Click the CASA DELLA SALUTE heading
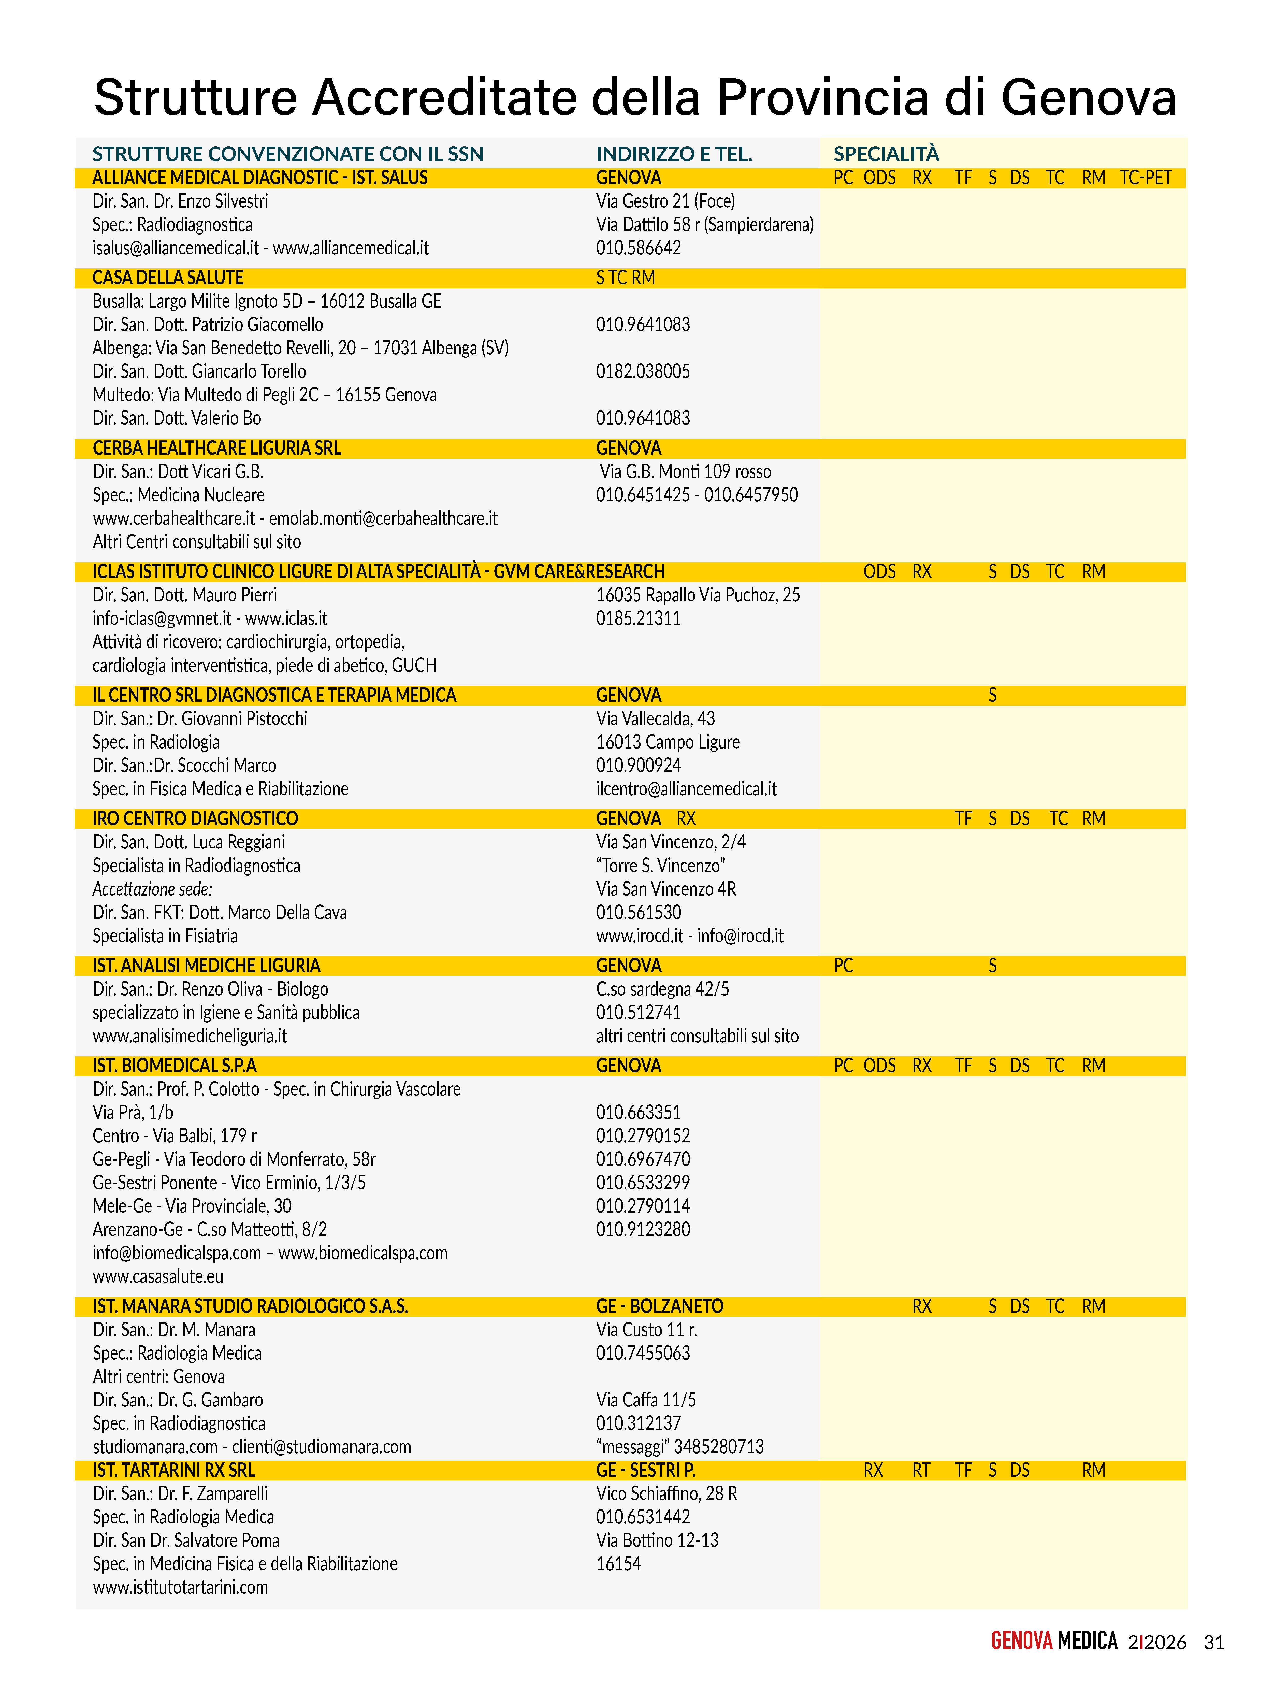pos(168,278)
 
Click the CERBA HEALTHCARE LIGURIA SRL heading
pos(217,448)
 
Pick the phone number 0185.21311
pos(638,618)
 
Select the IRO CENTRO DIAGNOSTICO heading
pos(196,819)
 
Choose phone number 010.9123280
pos(643,1230)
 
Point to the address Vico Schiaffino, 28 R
pos(666,1493)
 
